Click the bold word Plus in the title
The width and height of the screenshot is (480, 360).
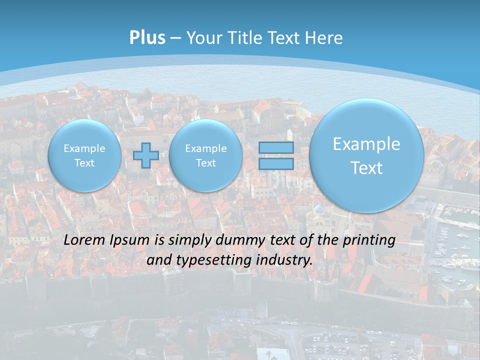(x=147, y=38)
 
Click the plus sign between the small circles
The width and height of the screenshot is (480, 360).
(x=146, y=155)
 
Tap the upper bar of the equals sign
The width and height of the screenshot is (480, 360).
(x=276, y=147)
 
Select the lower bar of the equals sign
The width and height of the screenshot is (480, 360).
(x=276, y=163)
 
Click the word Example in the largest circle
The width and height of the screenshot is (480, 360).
(x=366, y=144)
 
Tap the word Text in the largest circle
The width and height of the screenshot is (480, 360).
(x=366, y=168)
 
